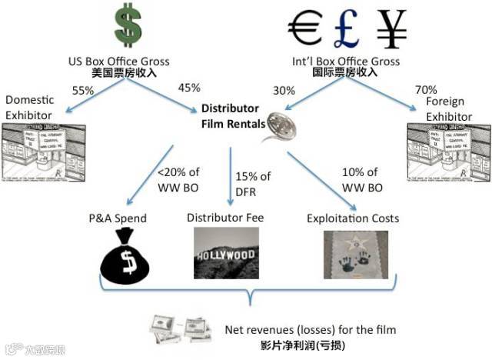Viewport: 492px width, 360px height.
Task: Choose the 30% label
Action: [284, 90]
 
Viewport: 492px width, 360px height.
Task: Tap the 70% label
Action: [424, 90]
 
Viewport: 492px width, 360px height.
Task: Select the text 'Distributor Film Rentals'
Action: [230, 115]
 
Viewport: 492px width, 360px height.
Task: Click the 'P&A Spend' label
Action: [118, 218]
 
